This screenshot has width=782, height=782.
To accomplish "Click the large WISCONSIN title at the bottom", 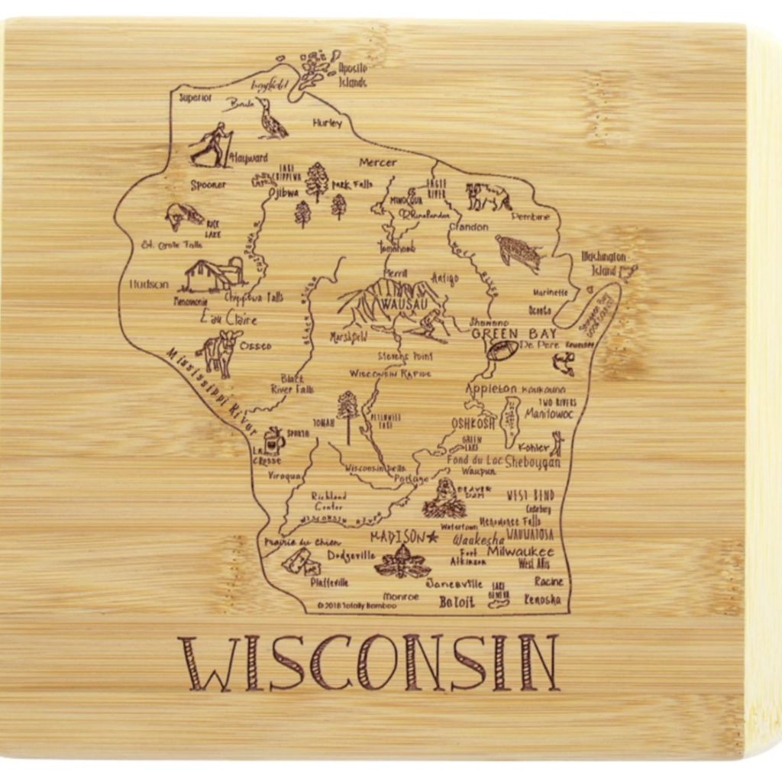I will click(369, 663).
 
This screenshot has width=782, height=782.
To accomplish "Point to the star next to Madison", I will click(433, 537).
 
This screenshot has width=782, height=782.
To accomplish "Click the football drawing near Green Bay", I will click(502, 351).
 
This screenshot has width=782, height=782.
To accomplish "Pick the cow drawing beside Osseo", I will click(219, 352).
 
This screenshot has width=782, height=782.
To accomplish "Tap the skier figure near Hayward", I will click(212, 144).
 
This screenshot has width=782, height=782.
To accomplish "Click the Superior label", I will click(195, 98).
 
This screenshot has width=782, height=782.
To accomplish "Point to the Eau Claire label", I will click(228, 318).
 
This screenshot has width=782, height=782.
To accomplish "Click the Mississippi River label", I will click(210, 390).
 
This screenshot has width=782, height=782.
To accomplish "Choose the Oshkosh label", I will click(473, 423).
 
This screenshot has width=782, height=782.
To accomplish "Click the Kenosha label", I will click(542, 599).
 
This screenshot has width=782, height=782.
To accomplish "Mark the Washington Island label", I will click(603, 263).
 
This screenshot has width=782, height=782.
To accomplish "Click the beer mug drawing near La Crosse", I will click(273, 441).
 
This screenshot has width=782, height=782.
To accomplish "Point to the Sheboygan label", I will click(533, 463).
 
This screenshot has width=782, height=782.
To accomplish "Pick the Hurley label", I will click(328, 123).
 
